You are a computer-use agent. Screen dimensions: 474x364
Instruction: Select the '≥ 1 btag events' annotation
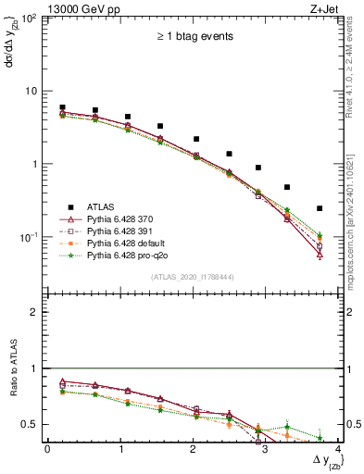point(194,37)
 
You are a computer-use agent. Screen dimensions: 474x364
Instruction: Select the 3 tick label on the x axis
point(265,449)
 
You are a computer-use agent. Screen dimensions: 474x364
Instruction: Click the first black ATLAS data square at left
point(62,107)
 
